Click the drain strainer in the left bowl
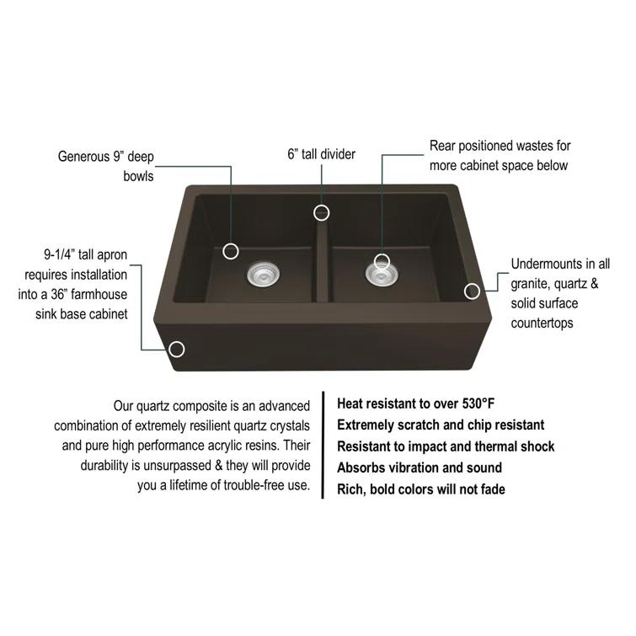[262, 272]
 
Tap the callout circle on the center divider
[321, 212]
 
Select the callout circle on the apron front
[177, 349]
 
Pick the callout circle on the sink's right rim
[473, 291]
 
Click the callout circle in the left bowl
[231, 251]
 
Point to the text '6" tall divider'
[321, 154]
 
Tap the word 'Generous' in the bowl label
[85, 156]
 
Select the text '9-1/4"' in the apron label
[61, 254]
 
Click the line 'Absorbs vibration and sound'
[420, 468]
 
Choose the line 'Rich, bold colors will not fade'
[421, 489]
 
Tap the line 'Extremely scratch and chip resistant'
[441, 425]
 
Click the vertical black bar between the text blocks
[323, 446]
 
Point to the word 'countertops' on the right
[544, 322]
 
